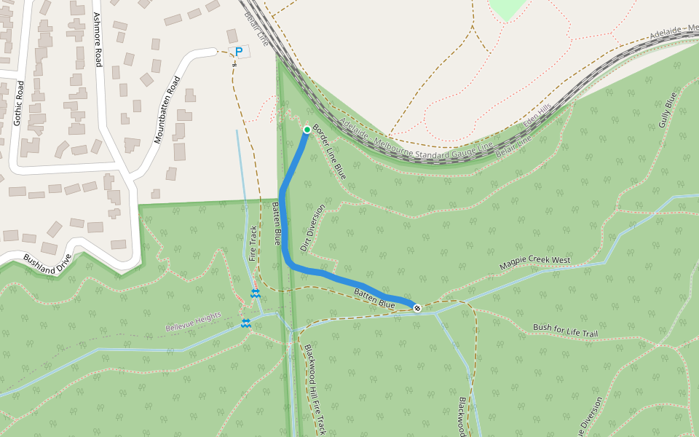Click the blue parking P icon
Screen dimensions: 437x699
238,52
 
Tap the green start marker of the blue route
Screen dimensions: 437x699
307,130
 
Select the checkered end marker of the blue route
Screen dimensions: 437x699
417,307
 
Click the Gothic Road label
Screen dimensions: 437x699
19,103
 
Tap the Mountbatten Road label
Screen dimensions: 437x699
167,109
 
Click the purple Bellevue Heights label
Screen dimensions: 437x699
193,323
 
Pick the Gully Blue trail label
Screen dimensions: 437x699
667,110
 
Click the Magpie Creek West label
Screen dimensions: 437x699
535,263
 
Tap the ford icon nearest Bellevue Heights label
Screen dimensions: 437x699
246,323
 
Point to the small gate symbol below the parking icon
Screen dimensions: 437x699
234,64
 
